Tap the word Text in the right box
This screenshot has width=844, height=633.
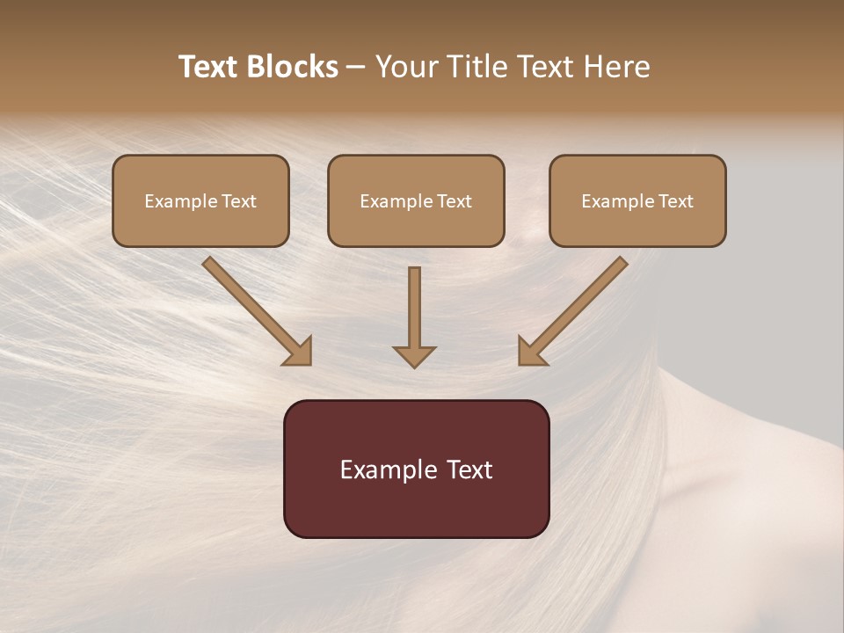[675, 201]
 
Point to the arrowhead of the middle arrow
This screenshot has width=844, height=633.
[414, 355]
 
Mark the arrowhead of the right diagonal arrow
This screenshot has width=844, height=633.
[532, 352]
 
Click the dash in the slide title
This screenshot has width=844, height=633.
[356, 68]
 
